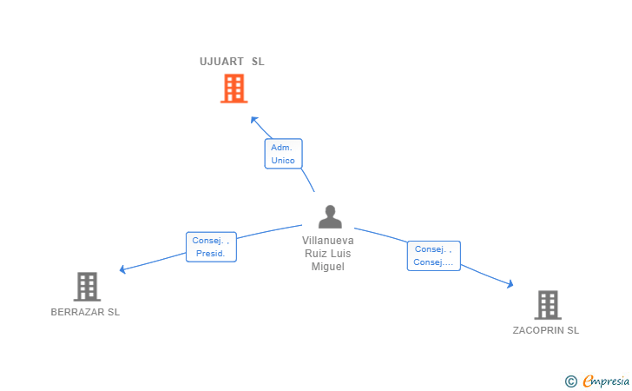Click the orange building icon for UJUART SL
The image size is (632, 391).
coord(234,89)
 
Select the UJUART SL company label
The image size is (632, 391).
coord(232,62)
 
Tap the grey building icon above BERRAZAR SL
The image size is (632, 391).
coord(87,287)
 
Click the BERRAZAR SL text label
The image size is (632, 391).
coord(85,312)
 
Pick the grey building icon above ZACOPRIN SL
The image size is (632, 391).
coord(548,305)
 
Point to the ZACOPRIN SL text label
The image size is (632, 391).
coord(546,330)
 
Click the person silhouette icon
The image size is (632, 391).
coord(330,216)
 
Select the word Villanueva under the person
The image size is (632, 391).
coord(327,241)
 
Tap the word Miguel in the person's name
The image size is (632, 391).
coord(327,267)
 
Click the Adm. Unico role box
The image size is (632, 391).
coord(283,154)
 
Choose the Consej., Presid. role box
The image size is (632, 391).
coord(211,247)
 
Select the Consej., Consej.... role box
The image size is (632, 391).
coord(434,255)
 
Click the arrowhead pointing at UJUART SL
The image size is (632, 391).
coord(253,120)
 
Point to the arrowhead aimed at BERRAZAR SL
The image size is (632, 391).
coord(122,269)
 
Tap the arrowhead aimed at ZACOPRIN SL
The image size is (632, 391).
coord(510,284)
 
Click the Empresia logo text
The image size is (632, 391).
coord(606,381)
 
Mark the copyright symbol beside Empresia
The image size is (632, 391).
coord(571,381)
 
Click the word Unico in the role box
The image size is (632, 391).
coord(283,160)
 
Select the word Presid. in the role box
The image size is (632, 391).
coord(210,254)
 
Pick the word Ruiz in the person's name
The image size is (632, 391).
coord(315,254)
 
